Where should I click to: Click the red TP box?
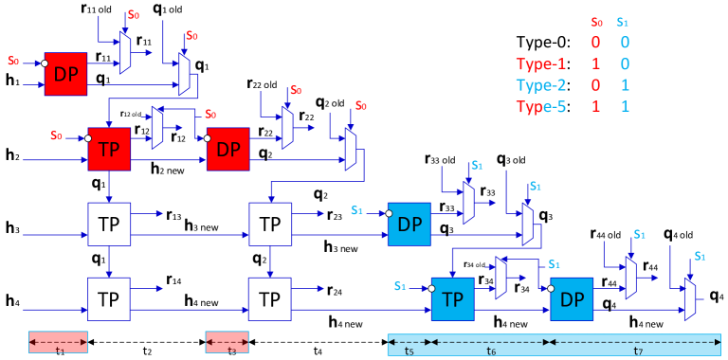(x=109, y=149)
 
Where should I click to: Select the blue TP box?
(x=452, y=299)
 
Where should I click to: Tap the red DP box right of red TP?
(x=228, y=149)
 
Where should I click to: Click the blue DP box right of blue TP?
(x=572, y=299)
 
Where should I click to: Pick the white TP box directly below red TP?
(x=109, y=225)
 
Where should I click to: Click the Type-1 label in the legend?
(x=540, y=64)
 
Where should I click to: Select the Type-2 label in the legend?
(x=540, y=85)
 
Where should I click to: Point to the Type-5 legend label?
(x=540, y=106)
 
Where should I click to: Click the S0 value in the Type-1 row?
(x=595, y=64)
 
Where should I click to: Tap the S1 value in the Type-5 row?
(x=624, y=106)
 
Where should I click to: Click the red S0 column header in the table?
(x=595, y=22)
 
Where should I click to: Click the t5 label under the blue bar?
(x=409, y=351)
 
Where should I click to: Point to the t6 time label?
(x=491, y=351)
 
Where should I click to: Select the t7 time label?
(x=638, y=351)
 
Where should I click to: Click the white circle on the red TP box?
(x=88, y=138)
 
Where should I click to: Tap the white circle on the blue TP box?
(x=431, y=289)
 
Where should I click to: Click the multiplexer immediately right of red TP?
(x=157, y=128)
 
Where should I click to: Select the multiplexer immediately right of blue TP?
(x=500, y=279)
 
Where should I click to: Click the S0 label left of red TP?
(x=56, y=135)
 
